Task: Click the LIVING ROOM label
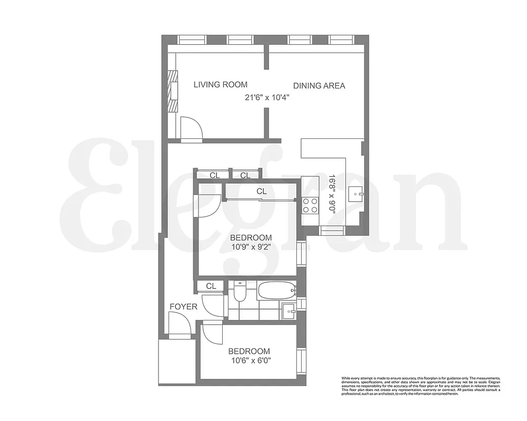[220, 84]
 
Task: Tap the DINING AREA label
[319, 86]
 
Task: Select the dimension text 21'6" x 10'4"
[267, 97]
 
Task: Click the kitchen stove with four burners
[311, 205]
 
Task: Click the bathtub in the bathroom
[276, 290]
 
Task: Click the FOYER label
[183, 306]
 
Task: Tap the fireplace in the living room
[173, 91]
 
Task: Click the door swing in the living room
[190, 127]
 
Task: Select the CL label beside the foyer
[211, 286]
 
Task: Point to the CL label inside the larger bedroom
[262, 192]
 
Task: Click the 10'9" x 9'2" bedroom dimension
[251, 246]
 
